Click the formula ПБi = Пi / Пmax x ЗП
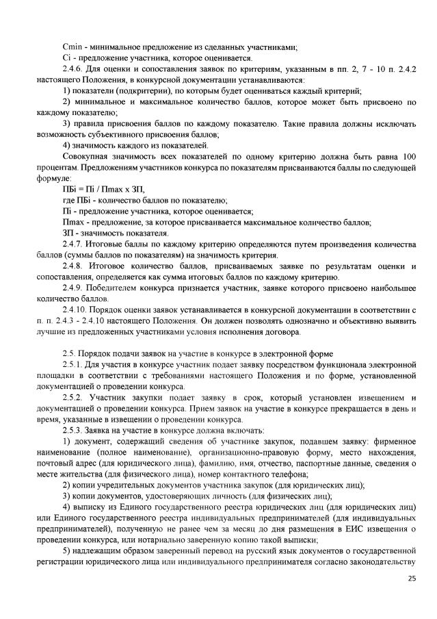[103, 189]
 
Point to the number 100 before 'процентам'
[408, 156]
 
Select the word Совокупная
[84, 156]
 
